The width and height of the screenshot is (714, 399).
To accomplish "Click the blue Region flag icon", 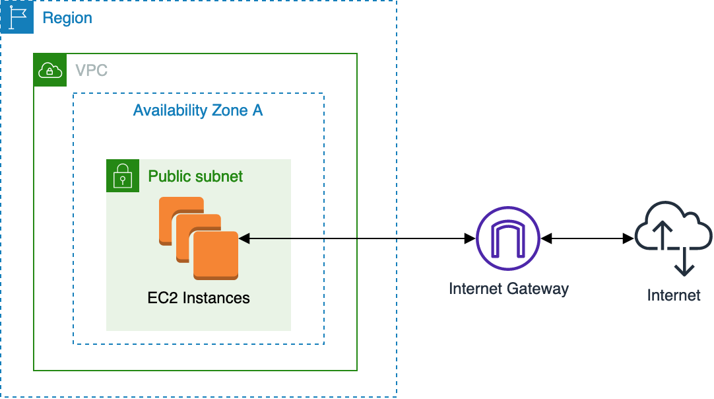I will (16, 17).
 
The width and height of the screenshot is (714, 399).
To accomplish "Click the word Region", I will (67, 18).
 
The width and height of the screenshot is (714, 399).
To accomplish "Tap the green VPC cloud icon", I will (50, 70).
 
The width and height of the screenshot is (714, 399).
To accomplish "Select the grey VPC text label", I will (91, 70).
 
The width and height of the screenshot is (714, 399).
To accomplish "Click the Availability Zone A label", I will (197, 110).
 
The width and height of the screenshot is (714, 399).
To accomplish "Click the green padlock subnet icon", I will (123, 176).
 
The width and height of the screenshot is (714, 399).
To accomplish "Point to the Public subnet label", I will (195, 176).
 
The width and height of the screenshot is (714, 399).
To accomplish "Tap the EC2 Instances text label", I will (199, 298).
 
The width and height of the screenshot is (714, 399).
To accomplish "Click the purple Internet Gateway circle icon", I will (508, 238).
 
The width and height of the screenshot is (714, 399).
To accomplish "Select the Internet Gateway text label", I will (508, 289).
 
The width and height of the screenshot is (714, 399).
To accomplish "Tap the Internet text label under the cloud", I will (673, 295).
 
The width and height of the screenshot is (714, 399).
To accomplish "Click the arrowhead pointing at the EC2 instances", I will (243, 237).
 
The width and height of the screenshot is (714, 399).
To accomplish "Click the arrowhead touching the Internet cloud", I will (629, 238).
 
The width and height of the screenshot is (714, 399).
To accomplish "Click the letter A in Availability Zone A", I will (257, 110).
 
